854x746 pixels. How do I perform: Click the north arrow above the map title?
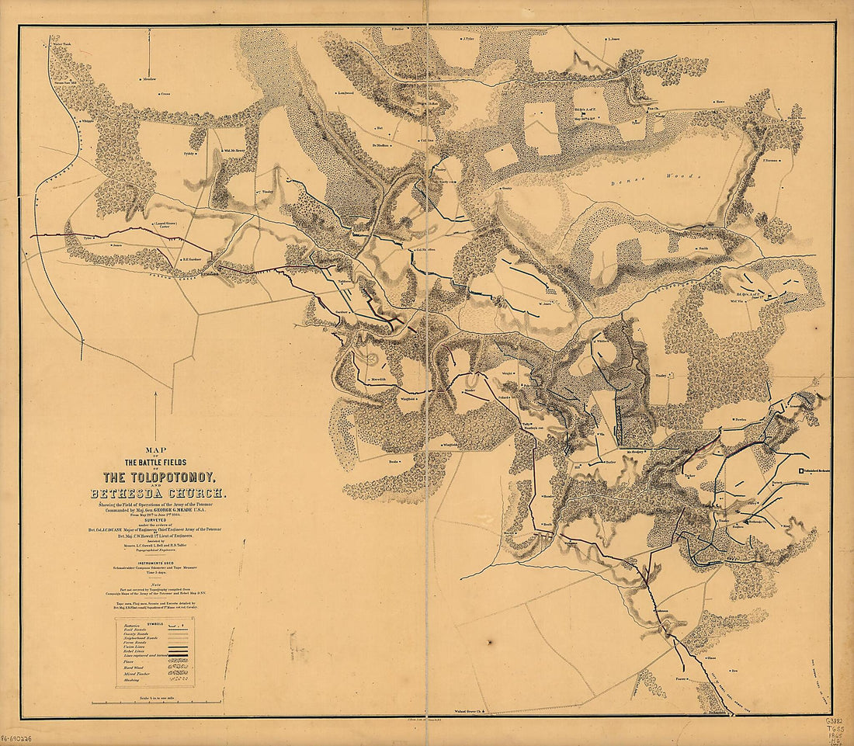154,415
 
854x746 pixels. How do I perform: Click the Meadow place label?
149,78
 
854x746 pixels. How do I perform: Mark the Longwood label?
345,94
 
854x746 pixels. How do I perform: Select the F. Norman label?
771,161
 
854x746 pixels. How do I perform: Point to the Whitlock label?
603,340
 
